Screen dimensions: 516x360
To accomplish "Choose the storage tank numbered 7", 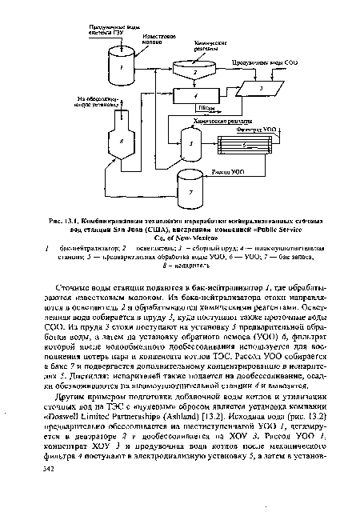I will pos(191,190).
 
